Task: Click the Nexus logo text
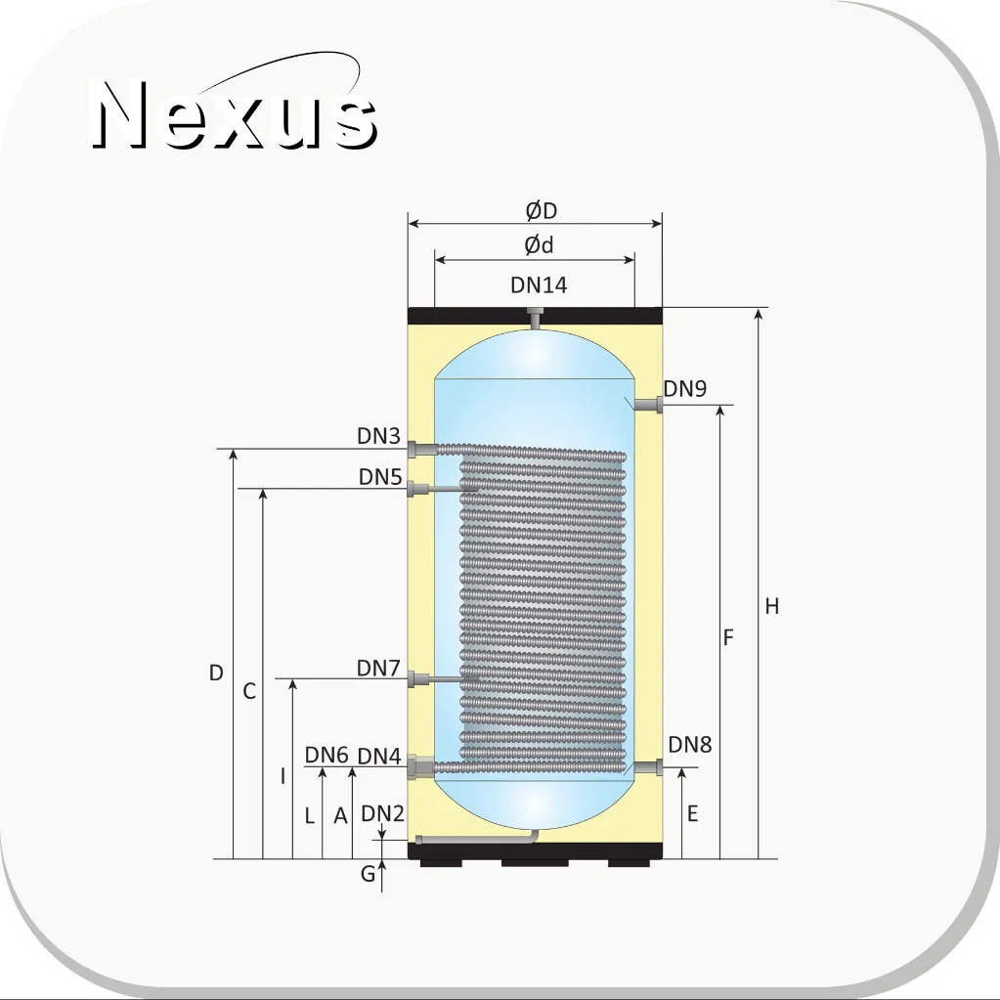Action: [x=235, y=114]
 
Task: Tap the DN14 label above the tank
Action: [x=539, y=285]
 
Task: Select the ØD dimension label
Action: [x=542, y=210]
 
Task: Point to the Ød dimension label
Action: [x=539, y=245]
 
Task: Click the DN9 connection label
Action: [x=685, y=388]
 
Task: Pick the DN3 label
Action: [x=379, y=436]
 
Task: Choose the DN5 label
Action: [x=380, y=476]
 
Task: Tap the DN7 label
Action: [x=378, y=669]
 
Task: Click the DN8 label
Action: [x=690, y=744]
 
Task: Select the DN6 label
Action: [x=326, y=755]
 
